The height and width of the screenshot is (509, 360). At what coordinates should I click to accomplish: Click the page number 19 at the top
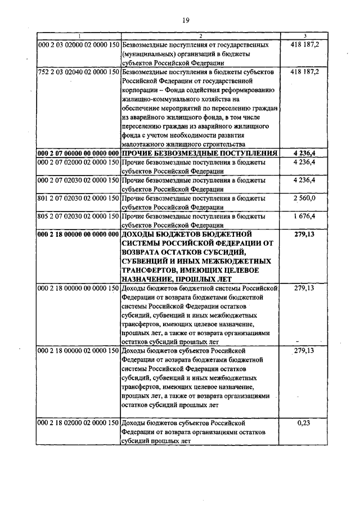coord(184,21)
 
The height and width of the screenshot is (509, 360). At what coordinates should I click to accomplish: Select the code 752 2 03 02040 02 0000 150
coord(78,73)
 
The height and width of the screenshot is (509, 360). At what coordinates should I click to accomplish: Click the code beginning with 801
coord(78,199)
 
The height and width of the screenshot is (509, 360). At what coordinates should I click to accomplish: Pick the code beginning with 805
coord(78,216)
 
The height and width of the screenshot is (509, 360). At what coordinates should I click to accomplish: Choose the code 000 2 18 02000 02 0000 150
coord(78,422)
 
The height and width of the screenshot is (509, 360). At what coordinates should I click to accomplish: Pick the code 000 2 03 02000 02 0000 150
coord(78,44)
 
